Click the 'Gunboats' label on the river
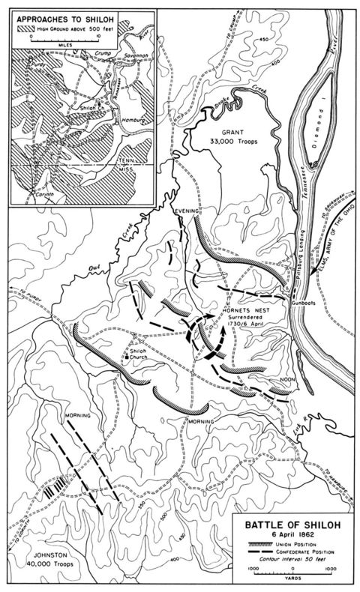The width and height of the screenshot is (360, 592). pyautogui.click(x=302, y=308)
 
